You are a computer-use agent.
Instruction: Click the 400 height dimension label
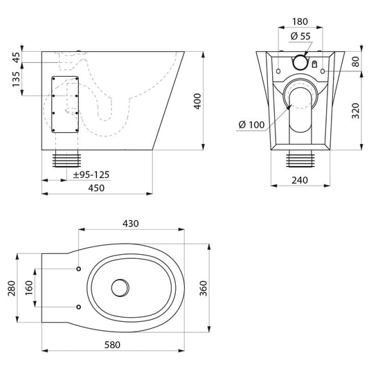tap(197, 101)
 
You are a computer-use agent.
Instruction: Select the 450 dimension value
tap(96, 188)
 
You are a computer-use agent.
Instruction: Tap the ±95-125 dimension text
tap(91, 174)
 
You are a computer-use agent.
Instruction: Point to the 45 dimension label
tap(16, 57)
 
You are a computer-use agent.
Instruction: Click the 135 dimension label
tap(16, 79)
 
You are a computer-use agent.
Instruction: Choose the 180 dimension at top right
tap(300, 21)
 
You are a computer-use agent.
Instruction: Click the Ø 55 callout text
tap(300, 36)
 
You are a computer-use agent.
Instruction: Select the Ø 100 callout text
tap(251, 125)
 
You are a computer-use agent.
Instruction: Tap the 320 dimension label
tap(355, 111)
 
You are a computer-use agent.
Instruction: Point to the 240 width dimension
tap(300, 180)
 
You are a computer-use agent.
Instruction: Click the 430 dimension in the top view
tap(131, 224)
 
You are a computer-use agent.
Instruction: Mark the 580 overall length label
tap(112, 345)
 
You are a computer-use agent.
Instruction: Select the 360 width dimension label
tap(203, 288)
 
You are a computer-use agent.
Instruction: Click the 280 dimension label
tap(12, 288)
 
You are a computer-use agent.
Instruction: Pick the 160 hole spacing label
tap(29, 288)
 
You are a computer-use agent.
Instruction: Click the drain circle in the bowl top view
tap(120, 288)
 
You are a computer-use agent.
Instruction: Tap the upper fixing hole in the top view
tap(79, 269)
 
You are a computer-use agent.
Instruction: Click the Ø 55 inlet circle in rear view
tap(300, 62)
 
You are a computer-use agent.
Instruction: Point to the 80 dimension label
tap(355, 62)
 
